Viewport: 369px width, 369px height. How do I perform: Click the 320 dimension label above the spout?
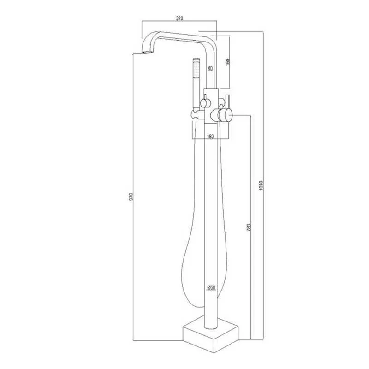[x=179, y=18]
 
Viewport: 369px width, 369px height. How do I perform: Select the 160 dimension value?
[x=227, y=62]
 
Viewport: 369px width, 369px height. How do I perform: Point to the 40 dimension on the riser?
[x=210, y=68]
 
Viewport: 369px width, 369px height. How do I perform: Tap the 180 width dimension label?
[x=210, y=136]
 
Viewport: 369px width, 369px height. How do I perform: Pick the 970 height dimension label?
[x=131, y=197]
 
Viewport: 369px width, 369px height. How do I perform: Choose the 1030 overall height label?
[x=261, y=186]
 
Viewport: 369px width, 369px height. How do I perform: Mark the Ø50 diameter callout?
[x=211, y=287]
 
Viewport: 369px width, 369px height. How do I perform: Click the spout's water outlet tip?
[x=148, y=52]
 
